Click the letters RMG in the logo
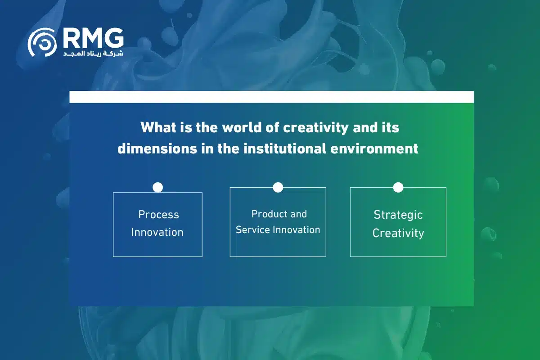point(94,38)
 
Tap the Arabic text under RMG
point(93,53)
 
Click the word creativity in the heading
point(315,128)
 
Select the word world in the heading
point(242,127)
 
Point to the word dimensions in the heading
point(157,148)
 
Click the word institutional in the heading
point(285,148)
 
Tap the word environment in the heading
point(374,149)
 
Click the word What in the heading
point(158,127)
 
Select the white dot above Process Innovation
point(157,187)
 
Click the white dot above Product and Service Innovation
point(278,187)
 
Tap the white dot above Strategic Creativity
point(398,187)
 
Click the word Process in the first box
point(158,214)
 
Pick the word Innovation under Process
point(157,232)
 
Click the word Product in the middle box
point(266,214)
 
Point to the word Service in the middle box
point(252,230)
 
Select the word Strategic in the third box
point(398,215)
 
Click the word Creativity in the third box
point(398,234)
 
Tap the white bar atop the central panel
point(271,97)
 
